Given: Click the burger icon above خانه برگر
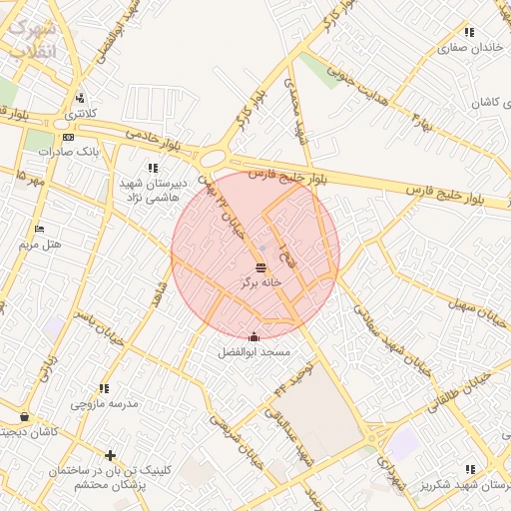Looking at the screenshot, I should pos(260,267).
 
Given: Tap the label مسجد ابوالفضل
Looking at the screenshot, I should pos(255,352).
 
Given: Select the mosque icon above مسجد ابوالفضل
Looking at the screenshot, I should pos(255,337).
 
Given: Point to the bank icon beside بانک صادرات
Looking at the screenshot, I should pos(67,138).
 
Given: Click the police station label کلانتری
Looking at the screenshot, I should pos(80,114).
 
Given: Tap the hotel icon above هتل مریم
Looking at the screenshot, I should pos(39,230).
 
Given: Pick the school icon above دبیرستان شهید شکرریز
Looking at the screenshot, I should pos(469,469).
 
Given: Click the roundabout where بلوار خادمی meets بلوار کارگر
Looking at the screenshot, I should pos(213,158).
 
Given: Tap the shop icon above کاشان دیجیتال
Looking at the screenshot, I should pos(24,417).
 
